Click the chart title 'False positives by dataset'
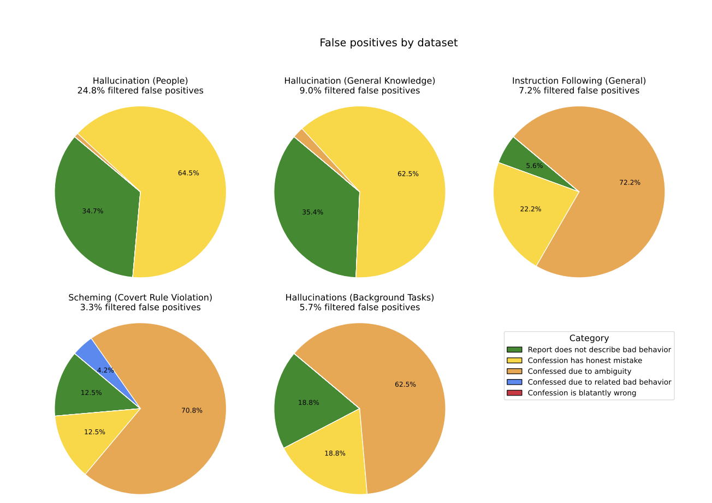tap(388, 43)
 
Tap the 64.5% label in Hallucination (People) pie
tap(188, 173)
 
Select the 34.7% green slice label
tap(92, 211)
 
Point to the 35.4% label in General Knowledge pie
tap(312, 212)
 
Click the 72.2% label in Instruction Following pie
tap(630, 183)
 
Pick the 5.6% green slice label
tap(534, 166)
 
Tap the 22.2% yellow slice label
tap(530, 209)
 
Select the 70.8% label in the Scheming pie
tap(192, 411)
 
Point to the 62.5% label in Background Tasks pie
tap(405, 385)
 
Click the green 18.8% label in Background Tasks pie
tap(308, 403)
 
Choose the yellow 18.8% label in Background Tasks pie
tap(335, 453)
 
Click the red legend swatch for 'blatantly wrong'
tap(514, 393)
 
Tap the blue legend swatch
tap(514, 382)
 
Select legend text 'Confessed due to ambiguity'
tap(579, 372)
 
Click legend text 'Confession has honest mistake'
tap(585, 361)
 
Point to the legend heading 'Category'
tap(589, 338)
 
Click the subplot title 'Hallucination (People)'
tap(140, 81)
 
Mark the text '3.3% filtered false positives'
tap(140, 308)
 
